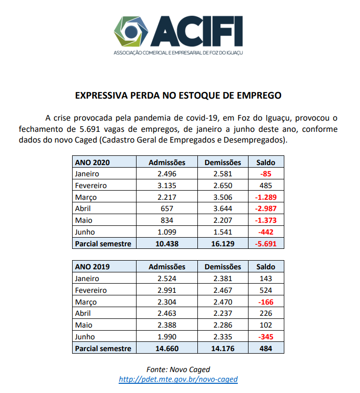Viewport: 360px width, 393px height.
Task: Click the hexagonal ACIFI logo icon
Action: tap(131, 32)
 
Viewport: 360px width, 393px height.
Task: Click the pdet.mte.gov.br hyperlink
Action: tap(178, 379)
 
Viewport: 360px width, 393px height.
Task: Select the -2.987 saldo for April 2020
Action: tap(266, 209)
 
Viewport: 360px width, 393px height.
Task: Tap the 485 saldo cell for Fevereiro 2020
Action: tap(266, 186)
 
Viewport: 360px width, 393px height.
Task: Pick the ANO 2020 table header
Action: tap(93, 163)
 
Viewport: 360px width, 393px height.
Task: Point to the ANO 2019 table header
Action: tap(93, 267)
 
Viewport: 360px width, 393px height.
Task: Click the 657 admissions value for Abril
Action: tap(167, 209)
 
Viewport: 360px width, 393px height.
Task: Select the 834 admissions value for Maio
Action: tap(167, 220)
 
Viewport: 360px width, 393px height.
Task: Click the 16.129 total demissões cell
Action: tap(223, 244)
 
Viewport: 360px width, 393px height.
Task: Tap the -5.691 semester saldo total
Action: tap(266, 244)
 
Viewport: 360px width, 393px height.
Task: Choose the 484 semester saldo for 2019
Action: tap(266, 349)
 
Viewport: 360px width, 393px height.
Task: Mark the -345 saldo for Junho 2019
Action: tap(266, 337)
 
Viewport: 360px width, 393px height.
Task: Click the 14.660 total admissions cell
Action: tap(167, 349)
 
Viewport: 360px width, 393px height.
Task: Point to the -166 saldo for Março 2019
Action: tap(266, 302)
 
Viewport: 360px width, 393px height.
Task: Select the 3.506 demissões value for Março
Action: tap(223, 197)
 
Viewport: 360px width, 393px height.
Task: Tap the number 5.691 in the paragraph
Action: tap(90, 129)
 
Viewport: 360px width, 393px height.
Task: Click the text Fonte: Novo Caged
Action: tap(178, 369)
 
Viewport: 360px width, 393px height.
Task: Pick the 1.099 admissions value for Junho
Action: tap(167, 232)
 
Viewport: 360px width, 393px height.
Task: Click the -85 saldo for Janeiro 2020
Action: tap(266, 174)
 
